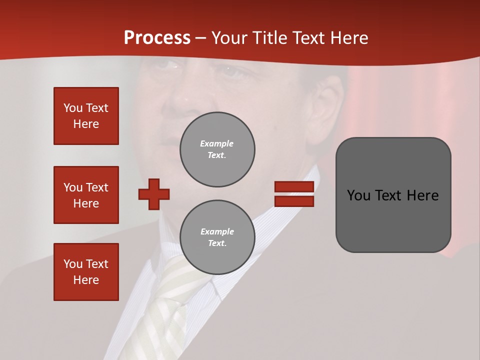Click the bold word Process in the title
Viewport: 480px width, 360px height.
point(157,38)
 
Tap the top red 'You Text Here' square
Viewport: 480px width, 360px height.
point(86,116)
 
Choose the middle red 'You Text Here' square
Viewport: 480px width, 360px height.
point(86,195)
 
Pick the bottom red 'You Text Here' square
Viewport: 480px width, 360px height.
point(86,271)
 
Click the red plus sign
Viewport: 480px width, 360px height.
point(154,194)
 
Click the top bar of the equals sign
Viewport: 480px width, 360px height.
point(294,186)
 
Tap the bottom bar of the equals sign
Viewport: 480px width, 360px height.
point(294,201)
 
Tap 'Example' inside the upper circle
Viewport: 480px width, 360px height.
point(216,143)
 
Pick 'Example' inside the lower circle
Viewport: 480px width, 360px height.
point(217,231)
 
